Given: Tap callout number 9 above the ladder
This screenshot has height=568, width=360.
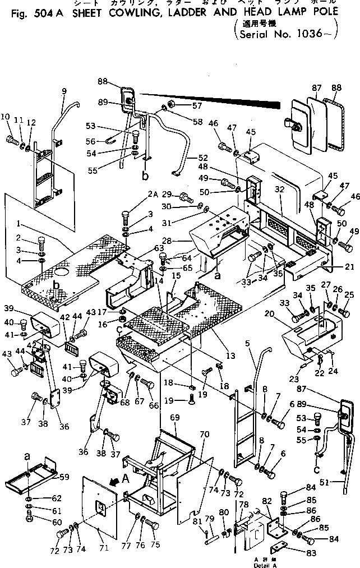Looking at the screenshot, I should point(64,91).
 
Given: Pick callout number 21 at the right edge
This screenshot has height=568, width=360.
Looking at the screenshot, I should point(349,266).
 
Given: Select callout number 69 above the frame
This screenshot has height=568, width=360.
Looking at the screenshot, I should point(174,418).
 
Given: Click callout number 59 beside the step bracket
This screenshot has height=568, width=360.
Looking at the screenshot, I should point(65,478).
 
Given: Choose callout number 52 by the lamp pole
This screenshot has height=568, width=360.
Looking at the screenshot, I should point(202,158).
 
